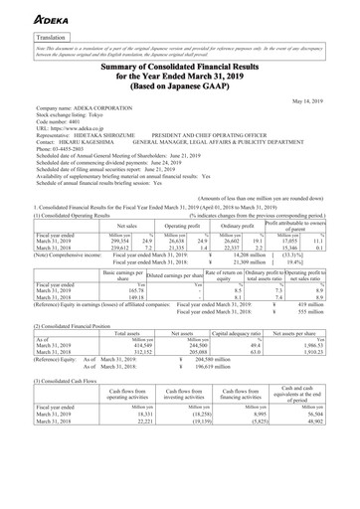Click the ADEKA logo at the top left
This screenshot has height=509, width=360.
coord(31,13)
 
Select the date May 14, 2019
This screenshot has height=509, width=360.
coord(328,99)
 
